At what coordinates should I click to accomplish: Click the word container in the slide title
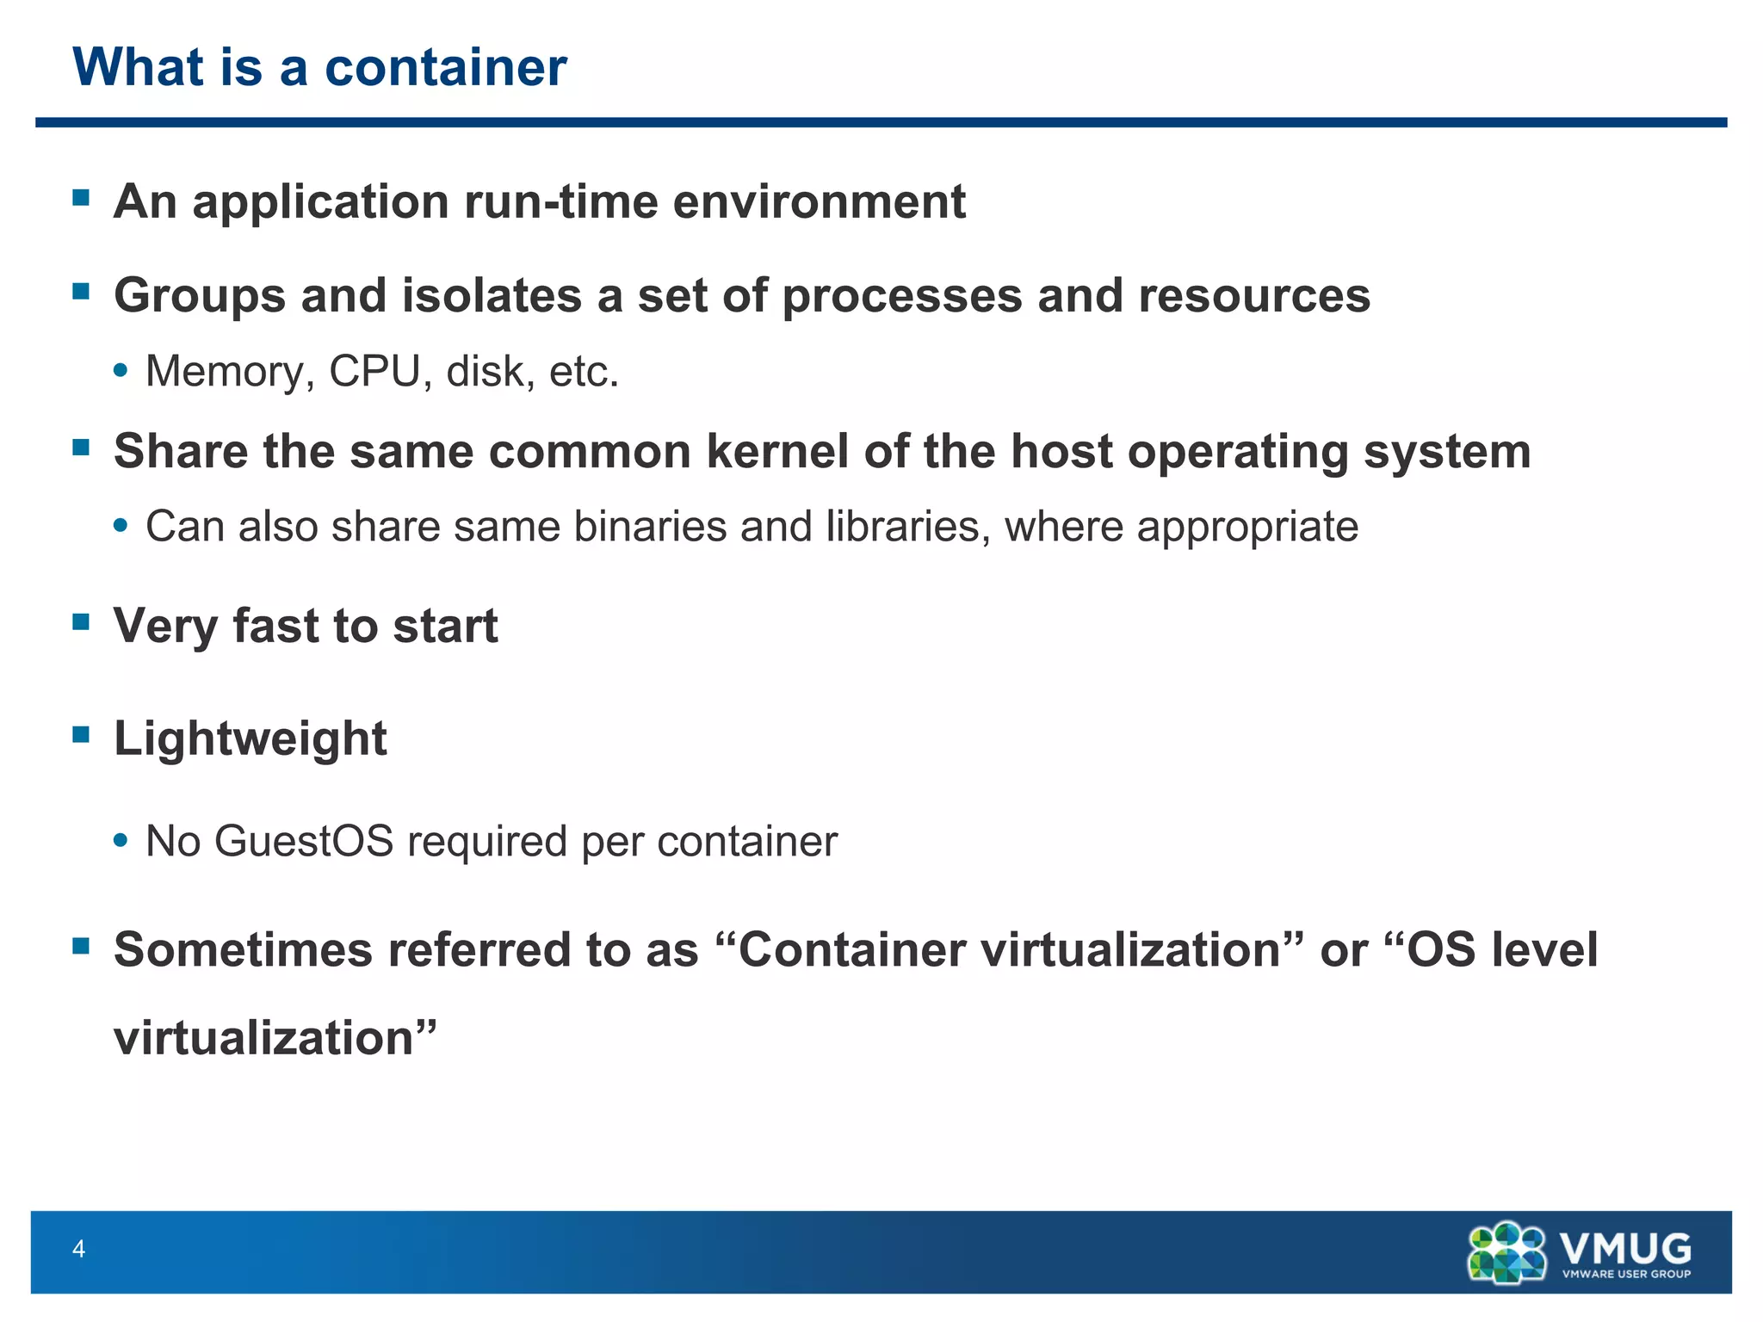tap(445, 67)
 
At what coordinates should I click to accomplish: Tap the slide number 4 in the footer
tap(79, 1249)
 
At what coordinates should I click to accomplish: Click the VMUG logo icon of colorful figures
tap(1507, 1252)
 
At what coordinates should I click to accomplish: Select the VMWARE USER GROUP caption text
tap(1626, 1274)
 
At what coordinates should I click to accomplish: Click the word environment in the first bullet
tap(819, 201)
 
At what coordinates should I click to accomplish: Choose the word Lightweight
tap(251, 738)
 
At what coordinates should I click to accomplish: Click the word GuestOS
tap(304, 841)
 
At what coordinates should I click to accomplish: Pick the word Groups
tap(200, 296)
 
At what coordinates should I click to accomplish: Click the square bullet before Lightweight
tap(82, 734)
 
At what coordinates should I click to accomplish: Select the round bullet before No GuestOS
tap(121, 840)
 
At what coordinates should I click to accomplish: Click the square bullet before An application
tap(82, 198)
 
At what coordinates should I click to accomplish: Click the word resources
tap(1254, 296)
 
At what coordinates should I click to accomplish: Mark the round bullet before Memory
tap(121, 371)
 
